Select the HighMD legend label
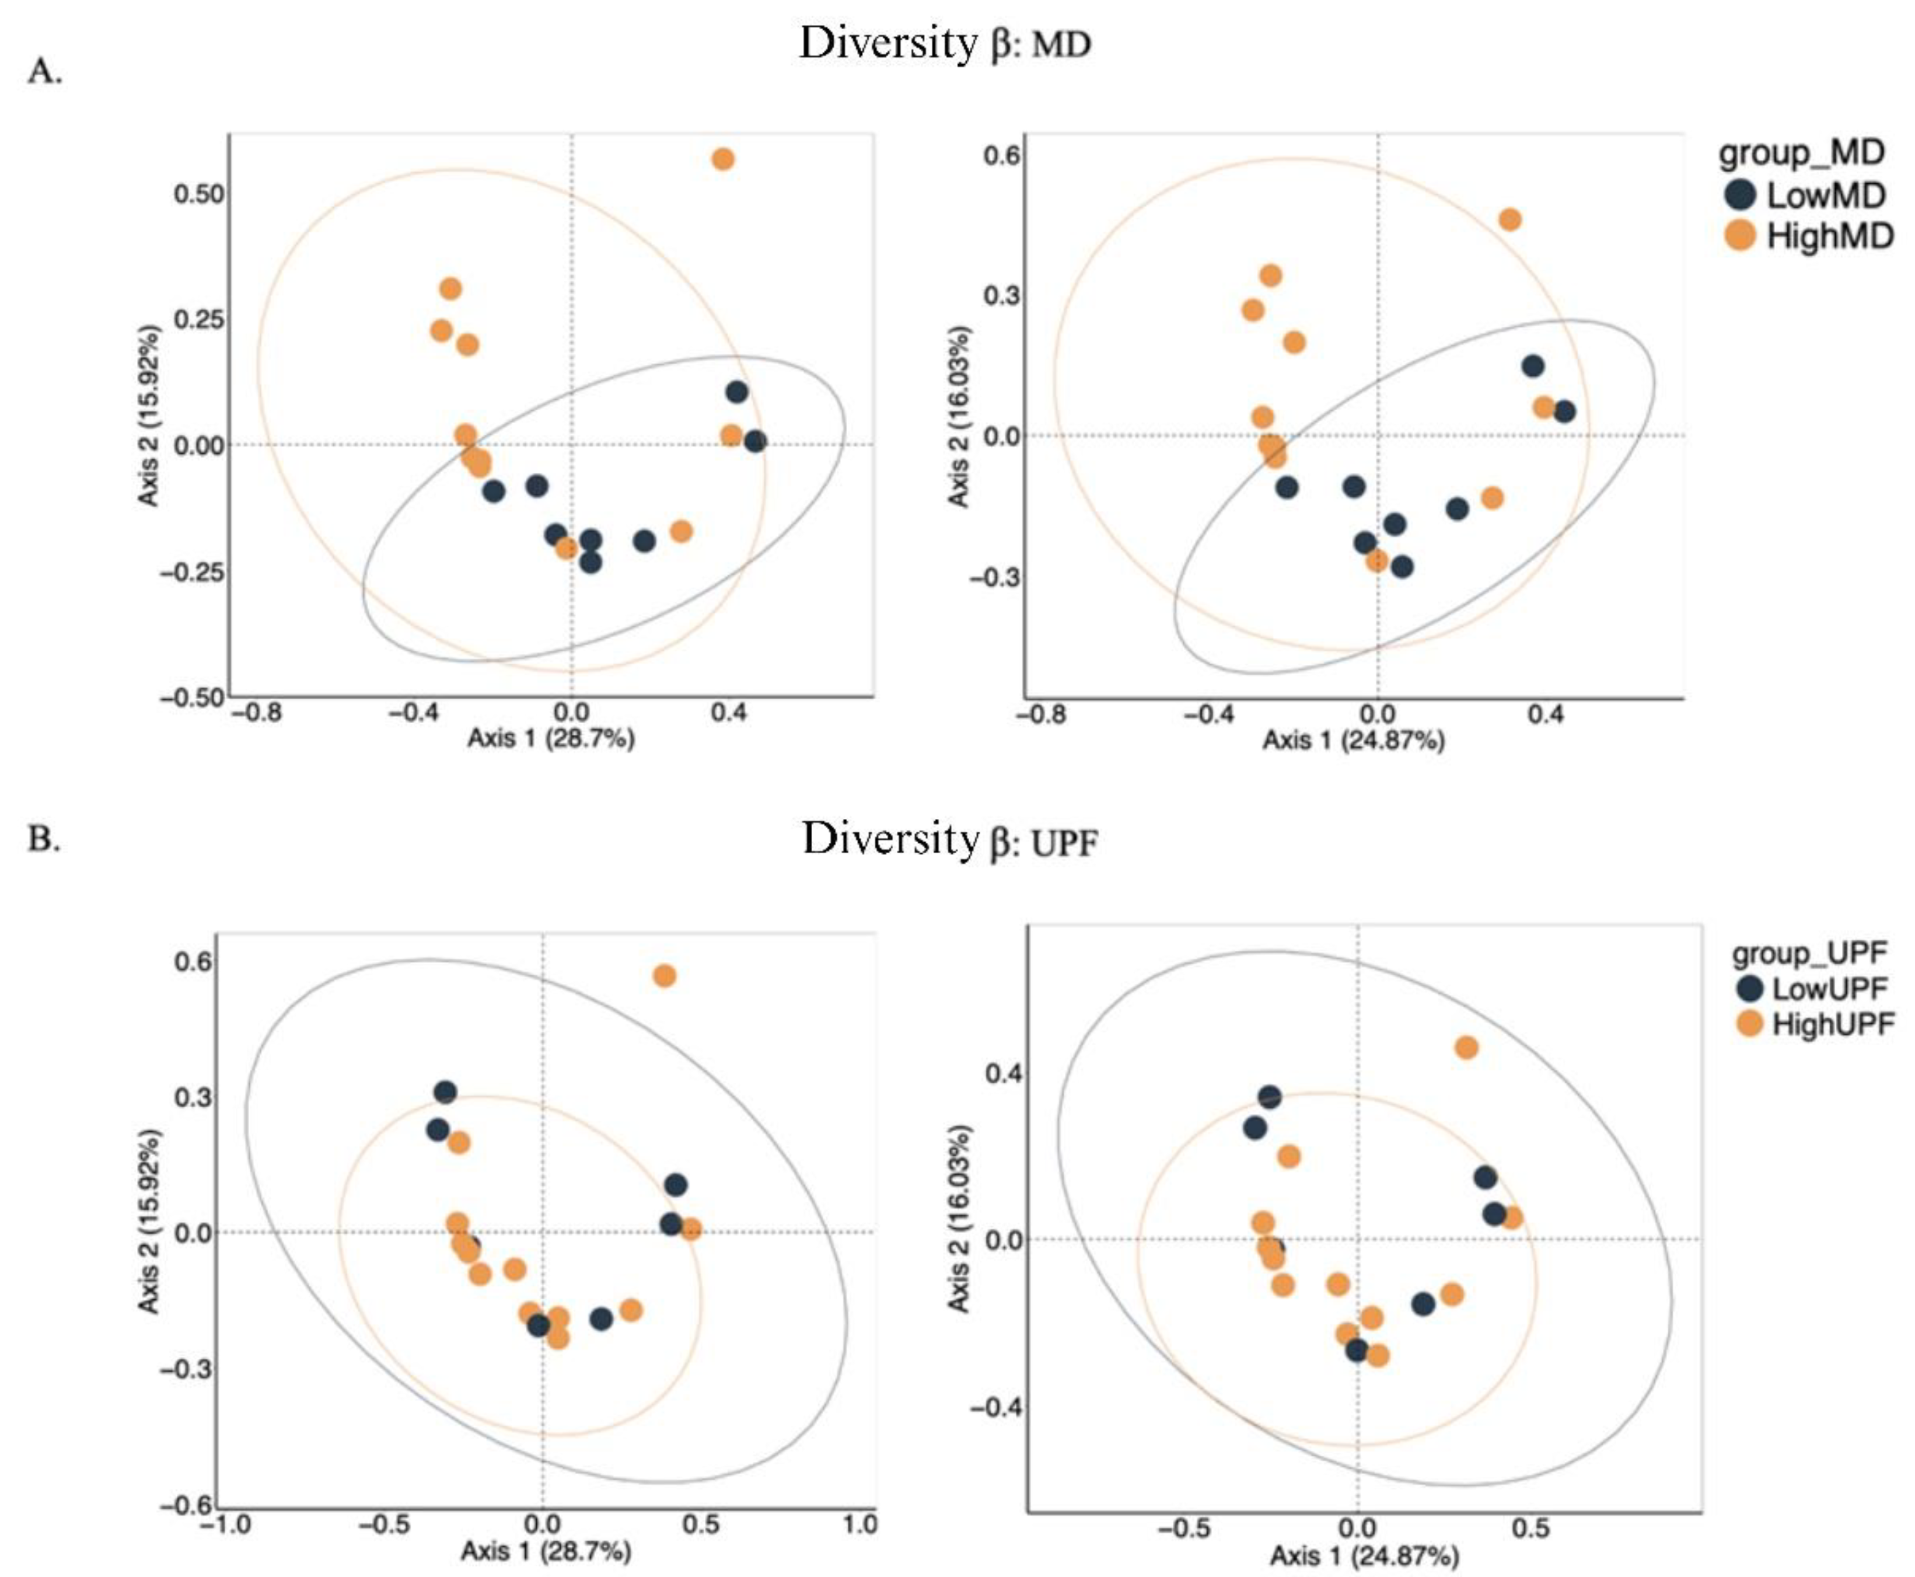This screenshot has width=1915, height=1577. (x=1830, y=236)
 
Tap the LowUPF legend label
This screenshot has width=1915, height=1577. (x=1830, y=988)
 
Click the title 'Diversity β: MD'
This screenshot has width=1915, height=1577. (x=944, y=44)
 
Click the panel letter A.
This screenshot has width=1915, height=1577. (x=44, y=71)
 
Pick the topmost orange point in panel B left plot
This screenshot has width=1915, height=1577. (x=665, y=976)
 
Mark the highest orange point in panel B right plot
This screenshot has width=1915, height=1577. (x=1466, y=1048)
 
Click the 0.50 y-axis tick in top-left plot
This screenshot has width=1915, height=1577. (x=198, y=194)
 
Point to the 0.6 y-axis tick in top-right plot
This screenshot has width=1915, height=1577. (x=1001, y=155)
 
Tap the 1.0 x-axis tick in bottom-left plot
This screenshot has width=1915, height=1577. (x=859, y=1523)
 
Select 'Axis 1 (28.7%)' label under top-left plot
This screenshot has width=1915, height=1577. (x=550, y=738)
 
